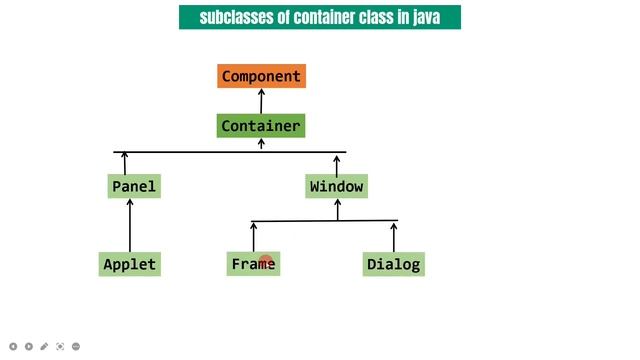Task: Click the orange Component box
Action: pyautogui.click(x=261, y=76)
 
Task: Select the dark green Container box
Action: pyautogui.click(x=260, y=126)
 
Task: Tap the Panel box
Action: pyautogui.click(x=133, y=186)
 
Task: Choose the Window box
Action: pyautogui.click(x=337, y=186)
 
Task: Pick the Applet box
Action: pyautogui.click(x=130, y=264)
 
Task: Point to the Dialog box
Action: pyautogui.click(x=394, y=264)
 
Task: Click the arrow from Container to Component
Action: pyautogui.click(x=261, y=101)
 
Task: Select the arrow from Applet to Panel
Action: pyautogui.click(x=130, y=225)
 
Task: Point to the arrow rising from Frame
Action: pyautogui.click(x=253, y=237)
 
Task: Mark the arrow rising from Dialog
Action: pyautogui.click(x=394, y=237)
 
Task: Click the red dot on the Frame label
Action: pyautogui.click(x=266, y=262)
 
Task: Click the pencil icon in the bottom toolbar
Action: pyautogui.click(x=44, y=346)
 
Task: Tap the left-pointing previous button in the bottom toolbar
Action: pyautogui.click(x=13, y=346)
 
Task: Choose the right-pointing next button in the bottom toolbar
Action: pyautogui.click(x=28, y=346)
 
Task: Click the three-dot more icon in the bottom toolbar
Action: pyautogui.click(x=76, y=346)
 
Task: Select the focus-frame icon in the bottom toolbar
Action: pyautogui.click(x=60, y=346)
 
